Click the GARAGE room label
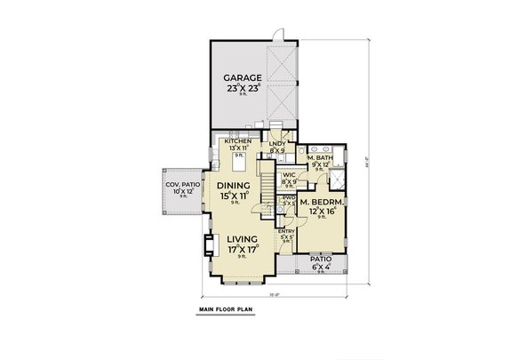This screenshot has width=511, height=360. pyautogui.click(x=242, y=78)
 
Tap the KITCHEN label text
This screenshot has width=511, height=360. pyautogui.click(x=237, y=141)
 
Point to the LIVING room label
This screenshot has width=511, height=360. pyautogui.click(x=242, y=239)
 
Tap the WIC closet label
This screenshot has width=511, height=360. pyautogui.click(x=289, y=175)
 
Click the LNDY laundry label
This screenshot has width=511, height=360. pyautogui.click(x=276, y=143)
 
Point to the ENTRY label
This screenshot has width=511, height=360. pyautogui.click(x=286, y=231)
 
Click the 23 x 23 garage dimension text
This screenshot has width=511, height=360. pyautogui.click(x=242, y=90)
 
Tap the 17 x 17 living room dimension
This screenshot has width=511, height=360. pyautogui.click(x=242, y=252)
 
